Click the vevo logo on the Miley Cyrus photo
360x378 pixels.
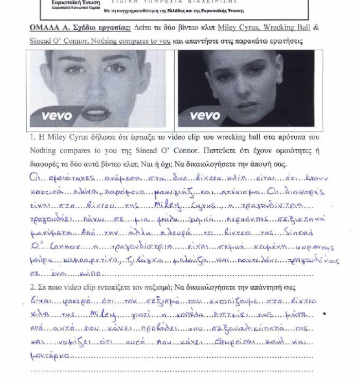(x=57, y=116)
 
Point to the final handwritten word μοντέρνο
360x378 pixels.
(x=50, y=357)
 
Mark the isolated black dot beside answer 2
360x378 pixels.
(x=325, y=314)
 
